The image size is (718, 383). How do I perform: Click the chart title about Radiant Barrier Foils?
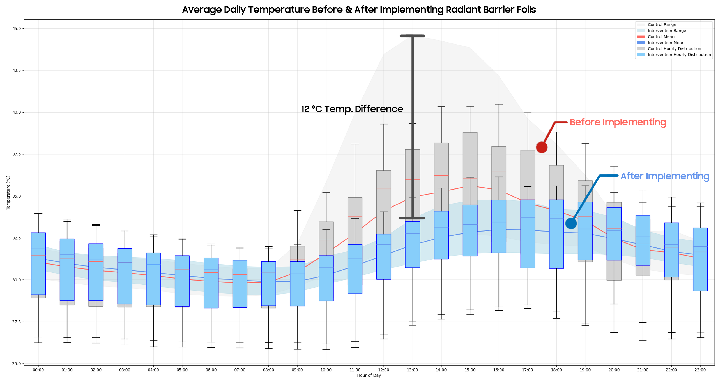pyautogui.click(x=359, y=10)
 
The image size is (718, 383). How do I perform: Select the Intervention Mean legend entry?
pyautogui.click(x=666, y=43)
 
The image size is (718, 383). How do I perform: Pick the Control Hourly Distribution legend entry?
pyautogui.click(x=674, y=49)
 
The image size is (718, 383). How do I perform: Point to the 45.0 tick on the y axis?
pyautogui.click(x=16, y=29)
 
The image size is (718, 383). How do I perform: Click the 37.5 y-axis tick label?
pyautogui.click(x=16, y=154)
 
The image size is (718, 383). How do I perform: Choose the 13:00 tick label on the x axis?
pyautogui.click(x=412, y=370)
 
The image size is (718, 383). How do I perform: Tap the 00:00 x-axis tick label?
pyautogui.click(x=38, y=370)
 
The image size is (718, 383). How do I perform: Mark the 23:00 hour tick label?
pyautogui.click(x=700, y=370)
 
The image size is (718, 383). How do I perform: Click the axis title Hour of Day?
pyautogui.click(x=369, y=375)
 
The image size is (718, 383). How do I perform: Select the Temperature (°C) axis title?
pyautogui.click(x=8, y=193)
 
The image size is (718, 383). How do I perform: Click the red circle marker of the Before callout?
pyautogui.click(x=542, y=147)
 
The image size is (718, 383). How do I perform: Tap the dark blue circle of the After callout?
pyautogui.click(x=571, y=223)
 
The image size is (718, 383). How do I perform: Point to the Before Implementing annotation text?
pyautogui.click(x=618, y=122)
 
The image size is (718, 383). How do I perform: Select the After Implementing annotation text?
pyautogui.click(x=665, y=176)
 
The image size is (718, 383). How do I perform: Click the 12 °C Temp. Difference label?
pyautogui.click(x=352, y=109)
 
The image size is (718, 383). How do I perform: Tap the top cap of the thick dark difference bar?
pyautogui.click(x=412, y=36)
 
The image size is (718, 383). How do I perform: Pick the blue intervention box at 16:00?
pyautogui.click(x=499, y=226)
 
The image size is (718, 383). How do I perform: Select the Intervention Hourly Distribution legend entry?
pyautogui.click(x=679, y=55)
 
